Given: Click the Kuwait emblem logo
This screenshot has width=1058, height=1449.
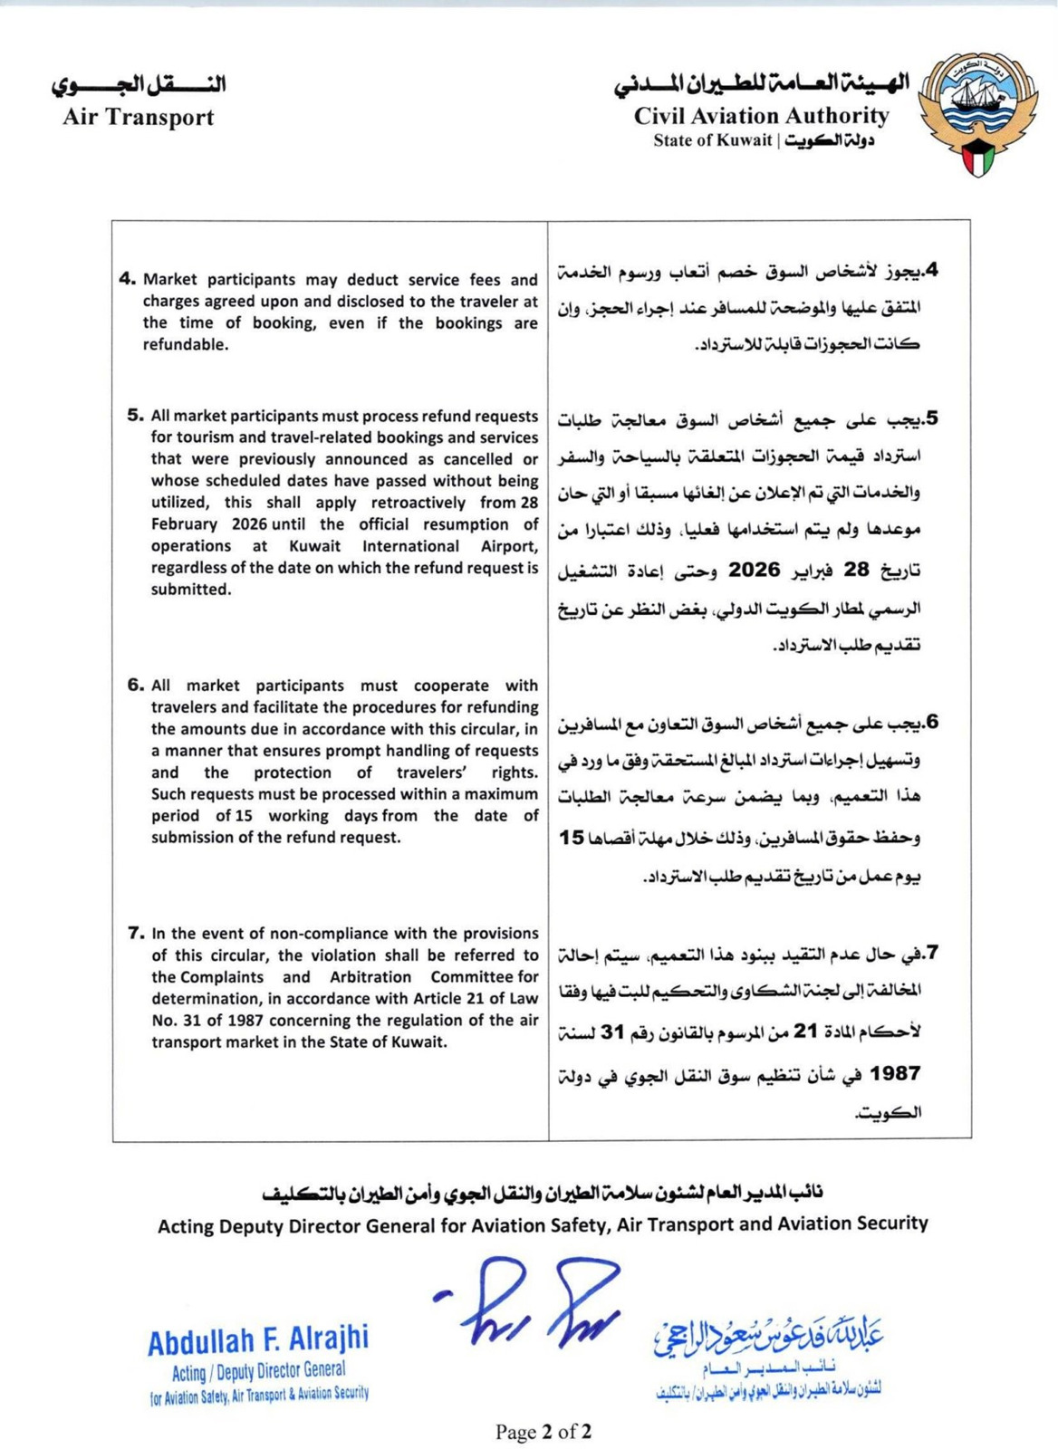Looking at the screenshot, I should pos(978,113).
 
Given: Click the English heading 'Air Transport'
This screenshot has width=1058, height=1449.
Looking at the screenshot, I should pos(139,117).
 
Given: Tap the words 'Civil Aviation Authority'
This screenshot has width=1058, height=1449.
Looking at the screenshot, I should pos(761,116).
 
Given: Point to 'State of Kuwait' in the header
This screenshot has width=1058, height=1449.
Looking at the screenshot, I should pos(713,140).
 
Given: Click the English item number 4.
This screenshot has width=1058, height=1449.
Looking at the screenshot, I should pos(127,279).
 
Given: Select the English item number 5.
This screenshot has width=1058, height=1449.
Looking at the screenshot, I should pos(136,416).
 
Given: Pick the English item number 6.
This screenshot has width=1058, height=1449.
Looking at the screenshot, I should pos(136,685).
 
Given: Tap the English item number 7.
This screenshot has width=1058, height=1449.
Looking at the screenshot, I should pos(136,933).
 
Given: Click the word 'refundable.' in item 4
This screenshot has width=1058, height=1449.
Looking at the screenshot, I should pos(186,345).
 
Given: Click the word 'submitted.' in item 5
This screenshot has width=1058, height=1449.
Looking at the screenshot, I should pos(191,590).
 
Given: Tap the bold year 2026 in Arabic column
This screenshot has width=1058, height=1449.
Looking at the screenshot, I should pos(755,570).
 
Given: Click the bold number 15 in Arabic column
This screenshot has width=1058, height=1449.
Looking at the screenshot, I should pos(572,837).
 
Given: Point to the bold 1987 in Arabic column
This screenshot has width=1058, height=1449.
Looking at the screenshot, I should pos(895,1074).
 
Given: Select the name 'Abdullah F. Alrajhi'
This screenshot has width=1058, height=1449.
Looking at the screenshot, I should pos(258,1340).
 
